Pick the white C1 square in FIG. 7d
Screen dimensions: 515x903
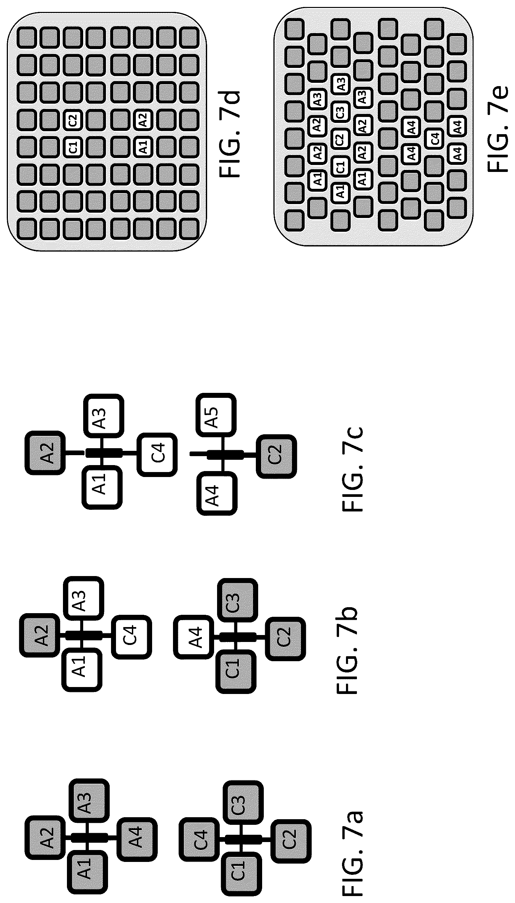pyautogui.click(x=73, y=147)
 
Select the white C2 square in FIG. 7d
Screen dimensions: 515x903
pyautogui.click(x=73, y=120)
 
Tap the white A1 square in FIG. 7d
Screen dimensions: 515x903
pyautogui.click(x=143, y=147)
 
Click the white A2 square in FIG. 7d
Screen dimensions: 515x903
pyautogui.click(x=143, y=120)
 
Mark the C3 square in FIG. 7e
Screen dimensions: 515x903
pyautogui.click(x=340, y=112)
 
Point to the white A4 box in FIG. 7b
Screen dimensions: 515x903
pyautogui.click(x=194, y=637)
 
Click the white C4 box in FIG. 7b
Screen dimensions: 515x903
pyautogui.click(x=132, y=635)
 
